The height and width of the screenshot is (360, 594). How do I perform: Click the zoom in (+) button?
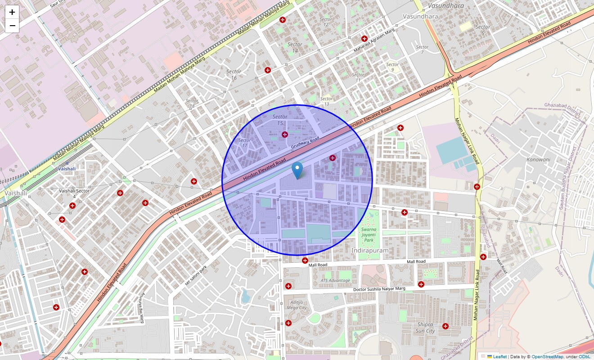pos(12,12)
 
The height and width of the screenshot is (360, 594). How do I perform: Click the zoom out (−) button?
pos(12,26)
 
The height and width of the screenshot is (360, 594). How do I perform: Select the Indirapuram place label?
pos(370,250)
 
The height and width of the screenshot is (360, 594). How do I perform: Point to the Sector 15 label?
pos(280,120)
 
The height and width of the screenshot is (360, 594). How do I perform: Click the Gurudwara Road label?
pos(305,144)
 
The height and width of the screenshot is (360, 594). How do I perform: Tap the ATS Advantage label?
pos(335,280)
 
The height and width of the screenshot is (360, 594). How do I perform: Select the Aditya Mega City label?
pos(297,305)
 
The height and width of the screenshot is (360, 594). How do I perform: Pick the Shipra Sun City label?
pos(426,328)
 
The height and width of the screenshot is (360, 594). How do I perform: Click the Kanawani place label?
pos(538,159)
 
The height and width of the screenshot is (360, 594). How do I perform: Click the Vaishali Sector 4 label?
pos(74,193)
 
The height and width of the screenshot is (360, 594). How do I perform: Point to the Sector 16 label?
pos(234,75)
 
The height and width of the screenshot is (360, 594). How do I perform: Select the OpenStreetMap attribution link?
pos(547,356)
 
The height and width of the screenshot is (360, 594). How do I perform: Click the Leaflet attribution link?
pos(499,356)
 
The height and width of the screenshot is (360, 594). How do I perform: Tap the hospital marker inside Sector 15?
pos(284,135)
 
